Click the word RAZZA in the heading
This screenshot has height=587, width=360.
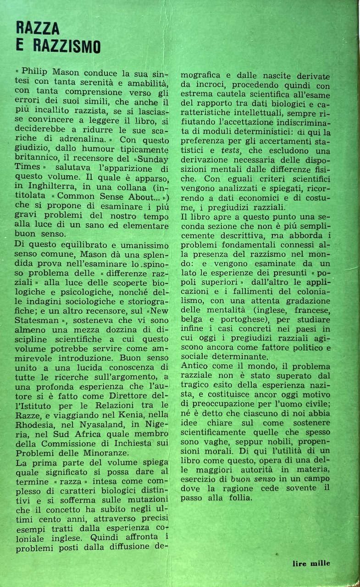coord(38,28)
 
